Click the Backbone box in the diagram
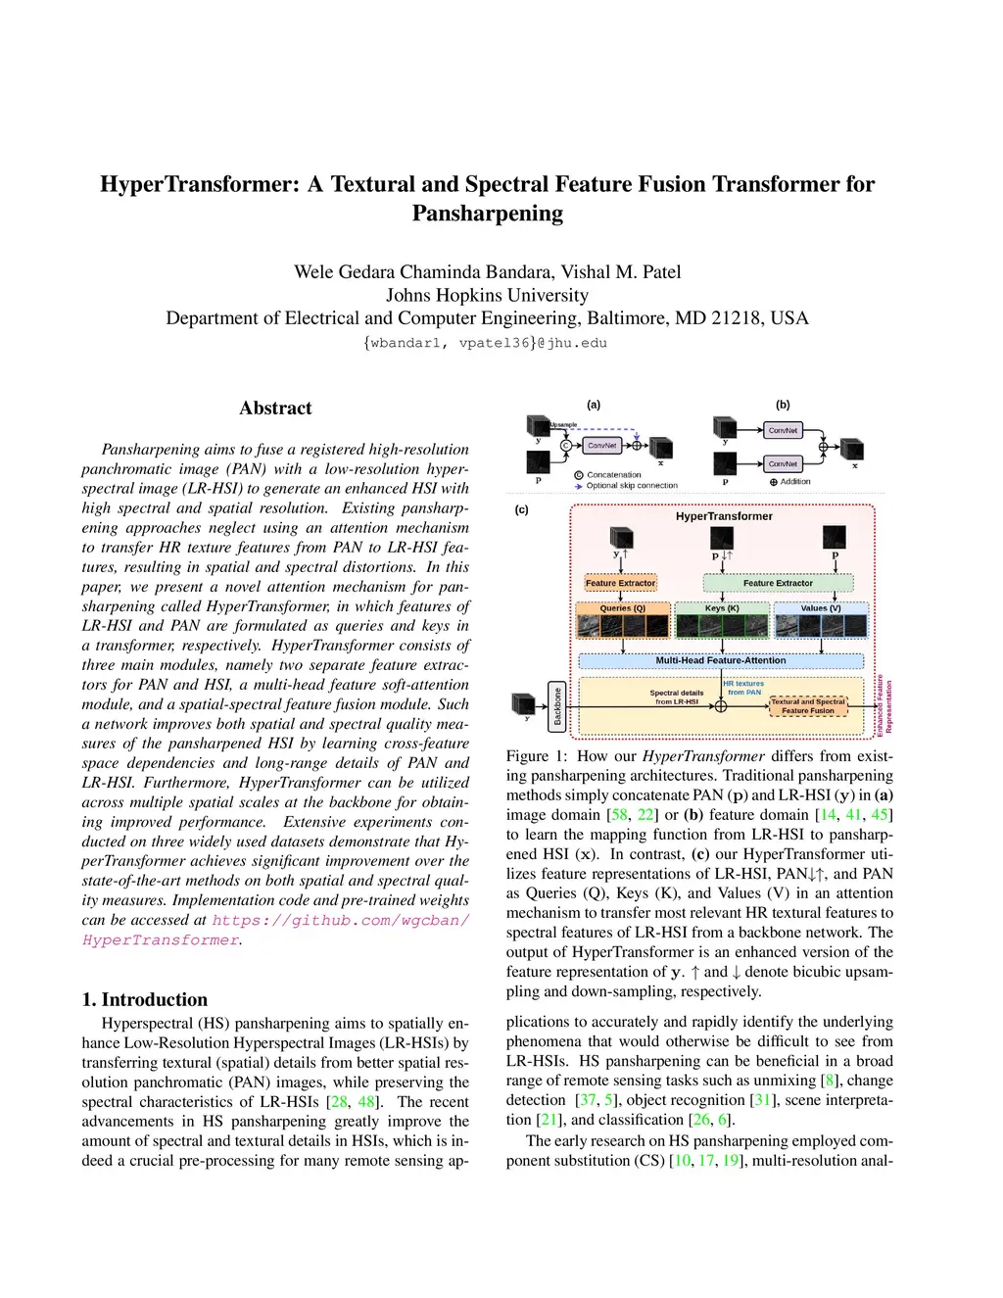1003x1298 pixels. pos(557,706)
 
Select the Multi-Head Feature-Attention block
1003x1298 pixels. pos(720,660)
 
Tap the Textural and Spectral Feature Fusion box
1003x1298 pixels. pos(808,706)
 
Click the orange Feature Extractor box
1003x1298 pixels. pos(620,583)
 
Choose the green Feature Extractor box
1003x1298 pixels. pos(778,583)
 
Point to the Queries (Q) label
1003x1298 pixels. pos(622,608)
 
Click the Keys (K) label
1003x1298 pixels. pos(722,608)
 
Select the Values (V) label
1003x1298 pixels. pos(821,608)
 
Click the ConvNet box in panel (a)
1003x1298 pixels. pos(601,446)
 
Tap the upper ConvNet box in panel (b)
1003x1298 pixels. pos(783,430)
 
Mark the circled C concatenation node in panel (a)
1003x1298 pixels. pos(565,446)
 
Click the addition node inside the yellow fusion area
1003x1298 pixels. pos(721,706)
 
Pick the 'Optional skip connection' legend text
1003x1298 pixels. pos(632,486)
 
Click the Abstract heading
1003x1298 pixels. pos(275,409)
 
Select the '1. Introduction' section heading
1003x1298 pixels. pos(145,999)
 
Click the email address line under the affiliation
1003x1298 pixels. pos(485,343)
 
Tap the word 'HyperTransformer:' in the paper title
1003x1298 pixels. pos(199,184)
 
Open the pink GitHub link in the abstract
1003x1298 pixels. pos(340,921)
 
